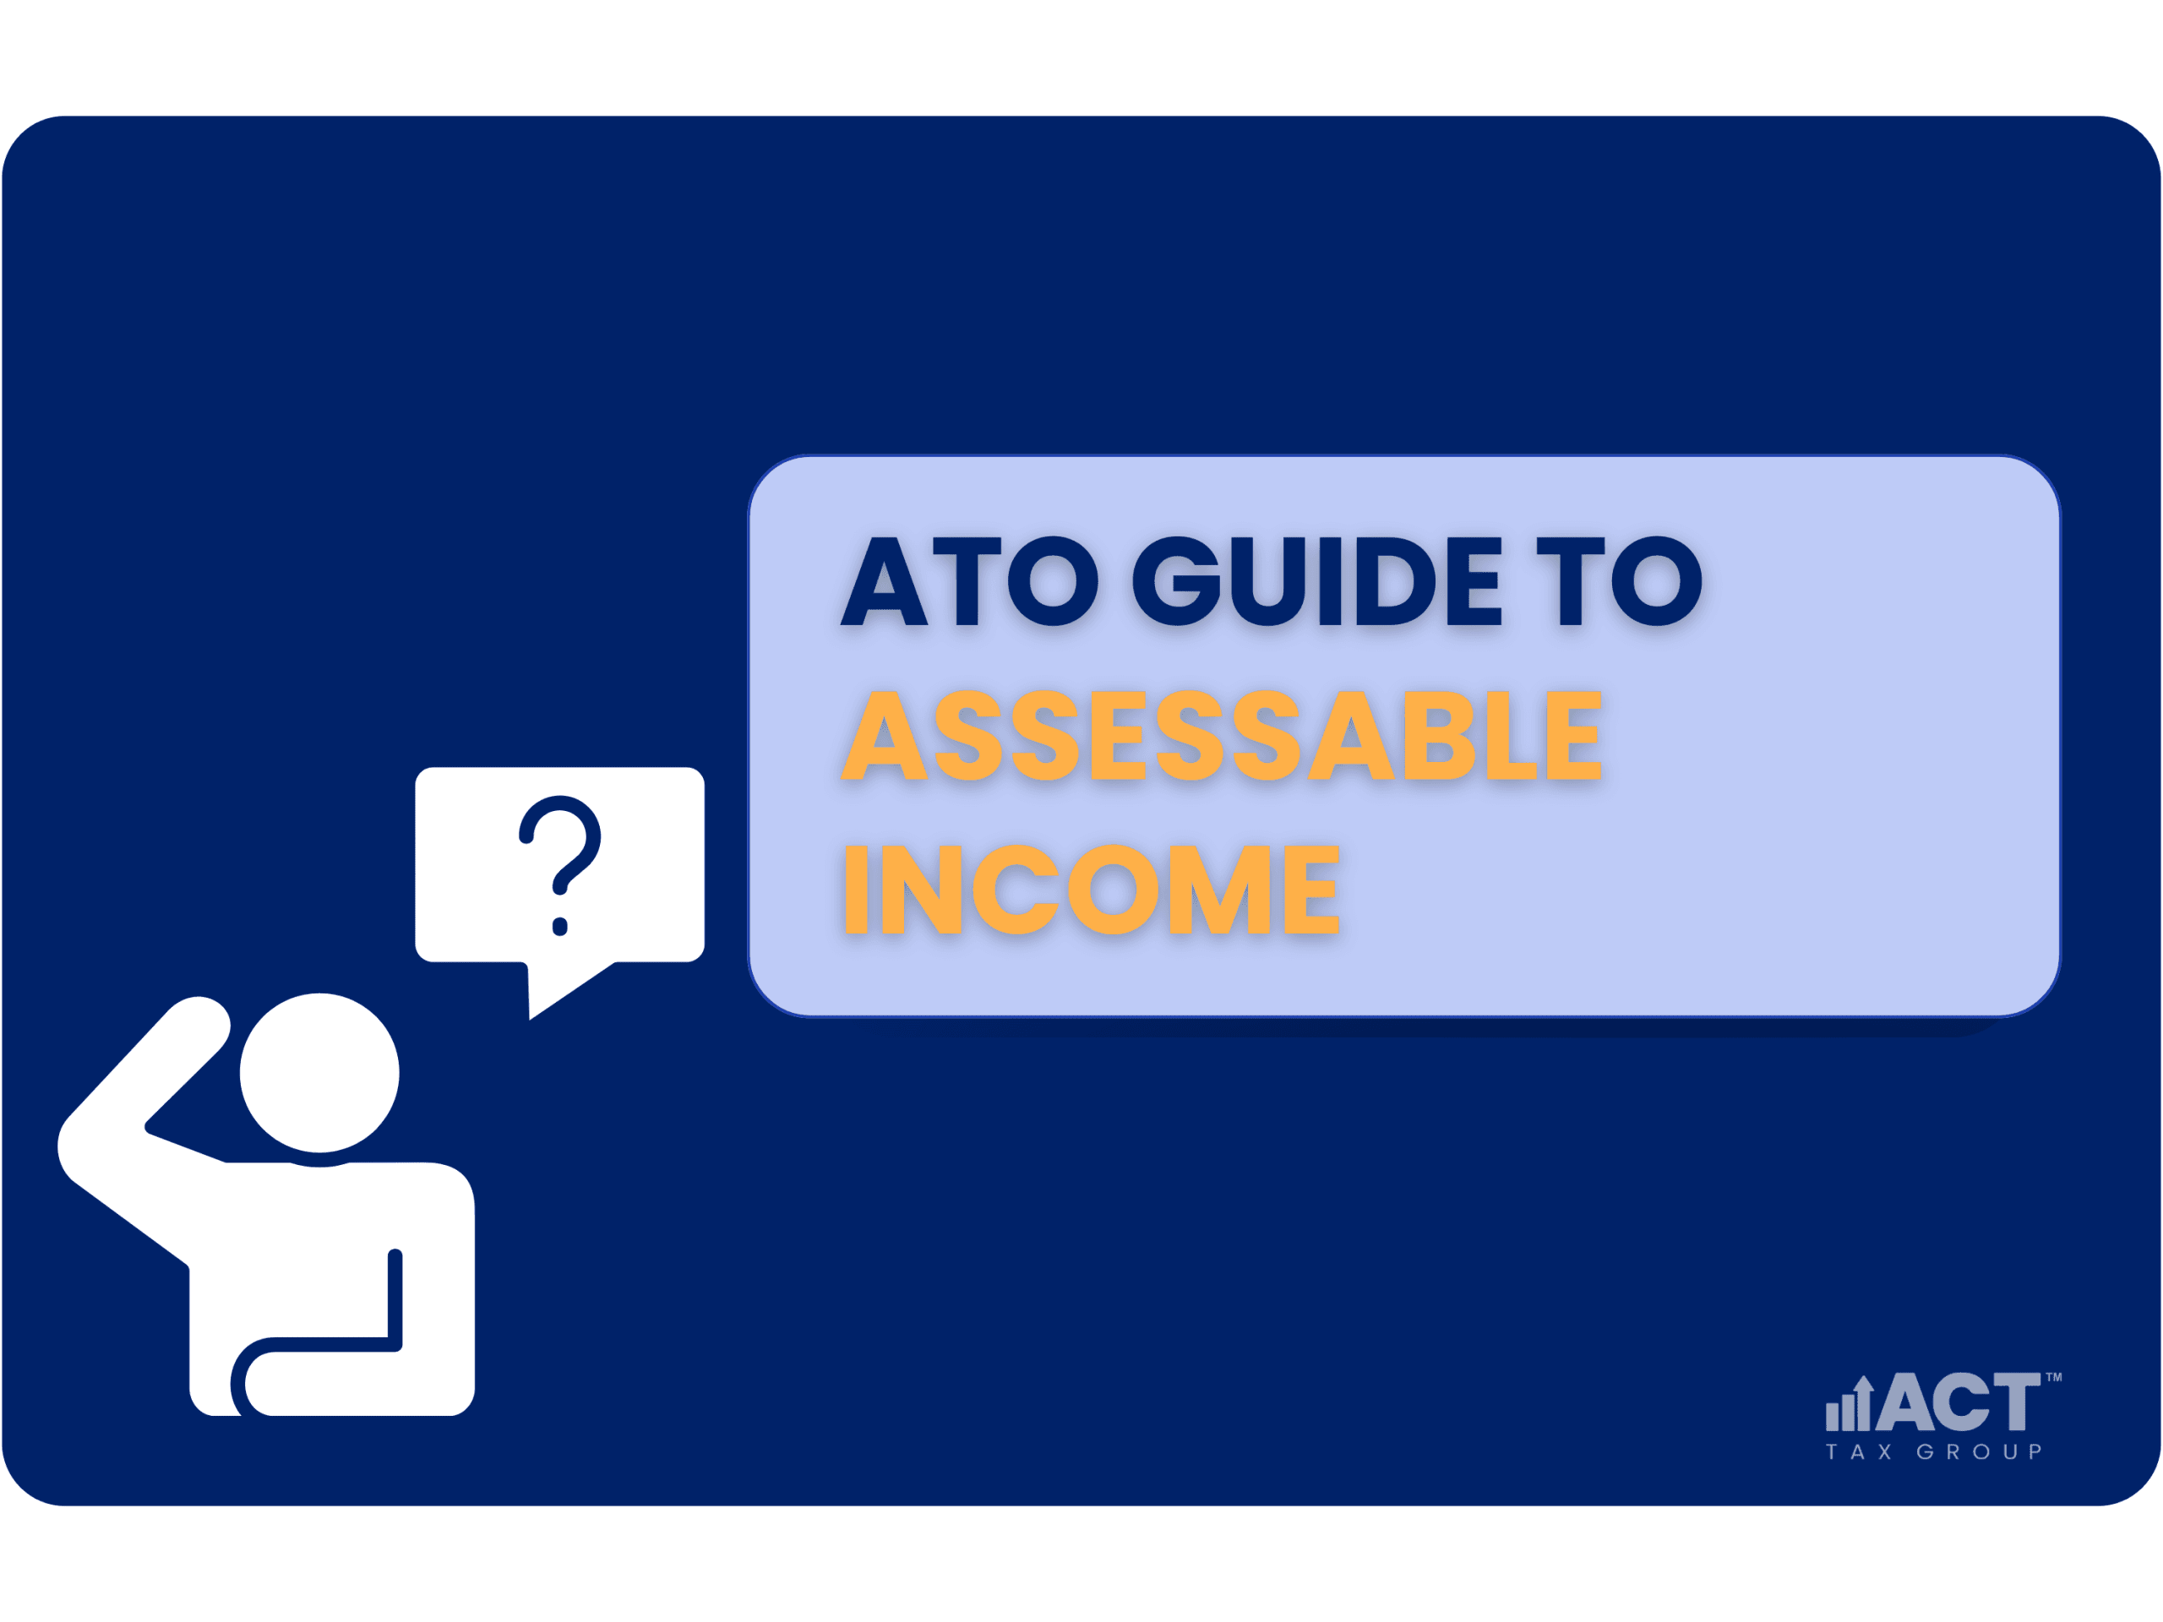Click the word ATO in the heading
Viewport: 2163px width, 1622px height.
[969, 582]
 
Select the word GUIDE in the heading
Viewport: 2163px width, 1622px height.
[1316, 582]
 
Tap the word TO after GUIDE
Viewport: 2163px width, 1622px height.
[1620, 582]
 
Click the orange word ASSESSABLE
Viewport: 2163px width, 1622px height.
[1221, 735]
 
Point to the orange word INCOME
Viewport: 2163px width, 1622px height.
[1092, 889]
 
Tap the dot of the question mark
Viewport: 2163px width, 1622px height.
[559, 926]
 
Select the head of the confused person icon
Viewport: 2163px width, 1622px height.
[319, 1073]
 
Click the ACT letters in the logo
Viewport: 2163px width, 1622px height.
[1957, 1400]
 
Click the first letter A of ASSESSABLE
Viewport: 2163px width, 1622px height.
[884, 735]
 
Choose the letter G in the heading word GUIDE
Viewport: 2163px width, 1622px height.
[1176, 582]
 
